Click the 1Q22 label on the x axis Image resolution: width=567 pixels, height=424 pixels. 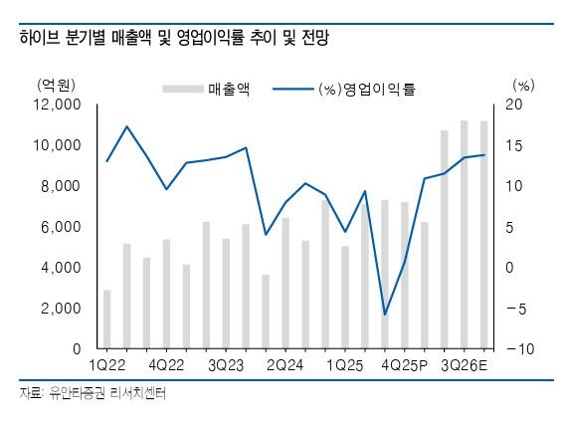pos(106,365)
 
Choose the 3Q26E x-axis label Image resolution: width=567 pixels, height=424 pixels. pos(464,365)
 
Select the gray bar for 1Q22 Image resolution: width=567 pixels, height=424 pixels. pos(107,319)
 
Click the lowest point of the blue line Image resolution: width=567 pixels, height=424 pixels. pos(385,315)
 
